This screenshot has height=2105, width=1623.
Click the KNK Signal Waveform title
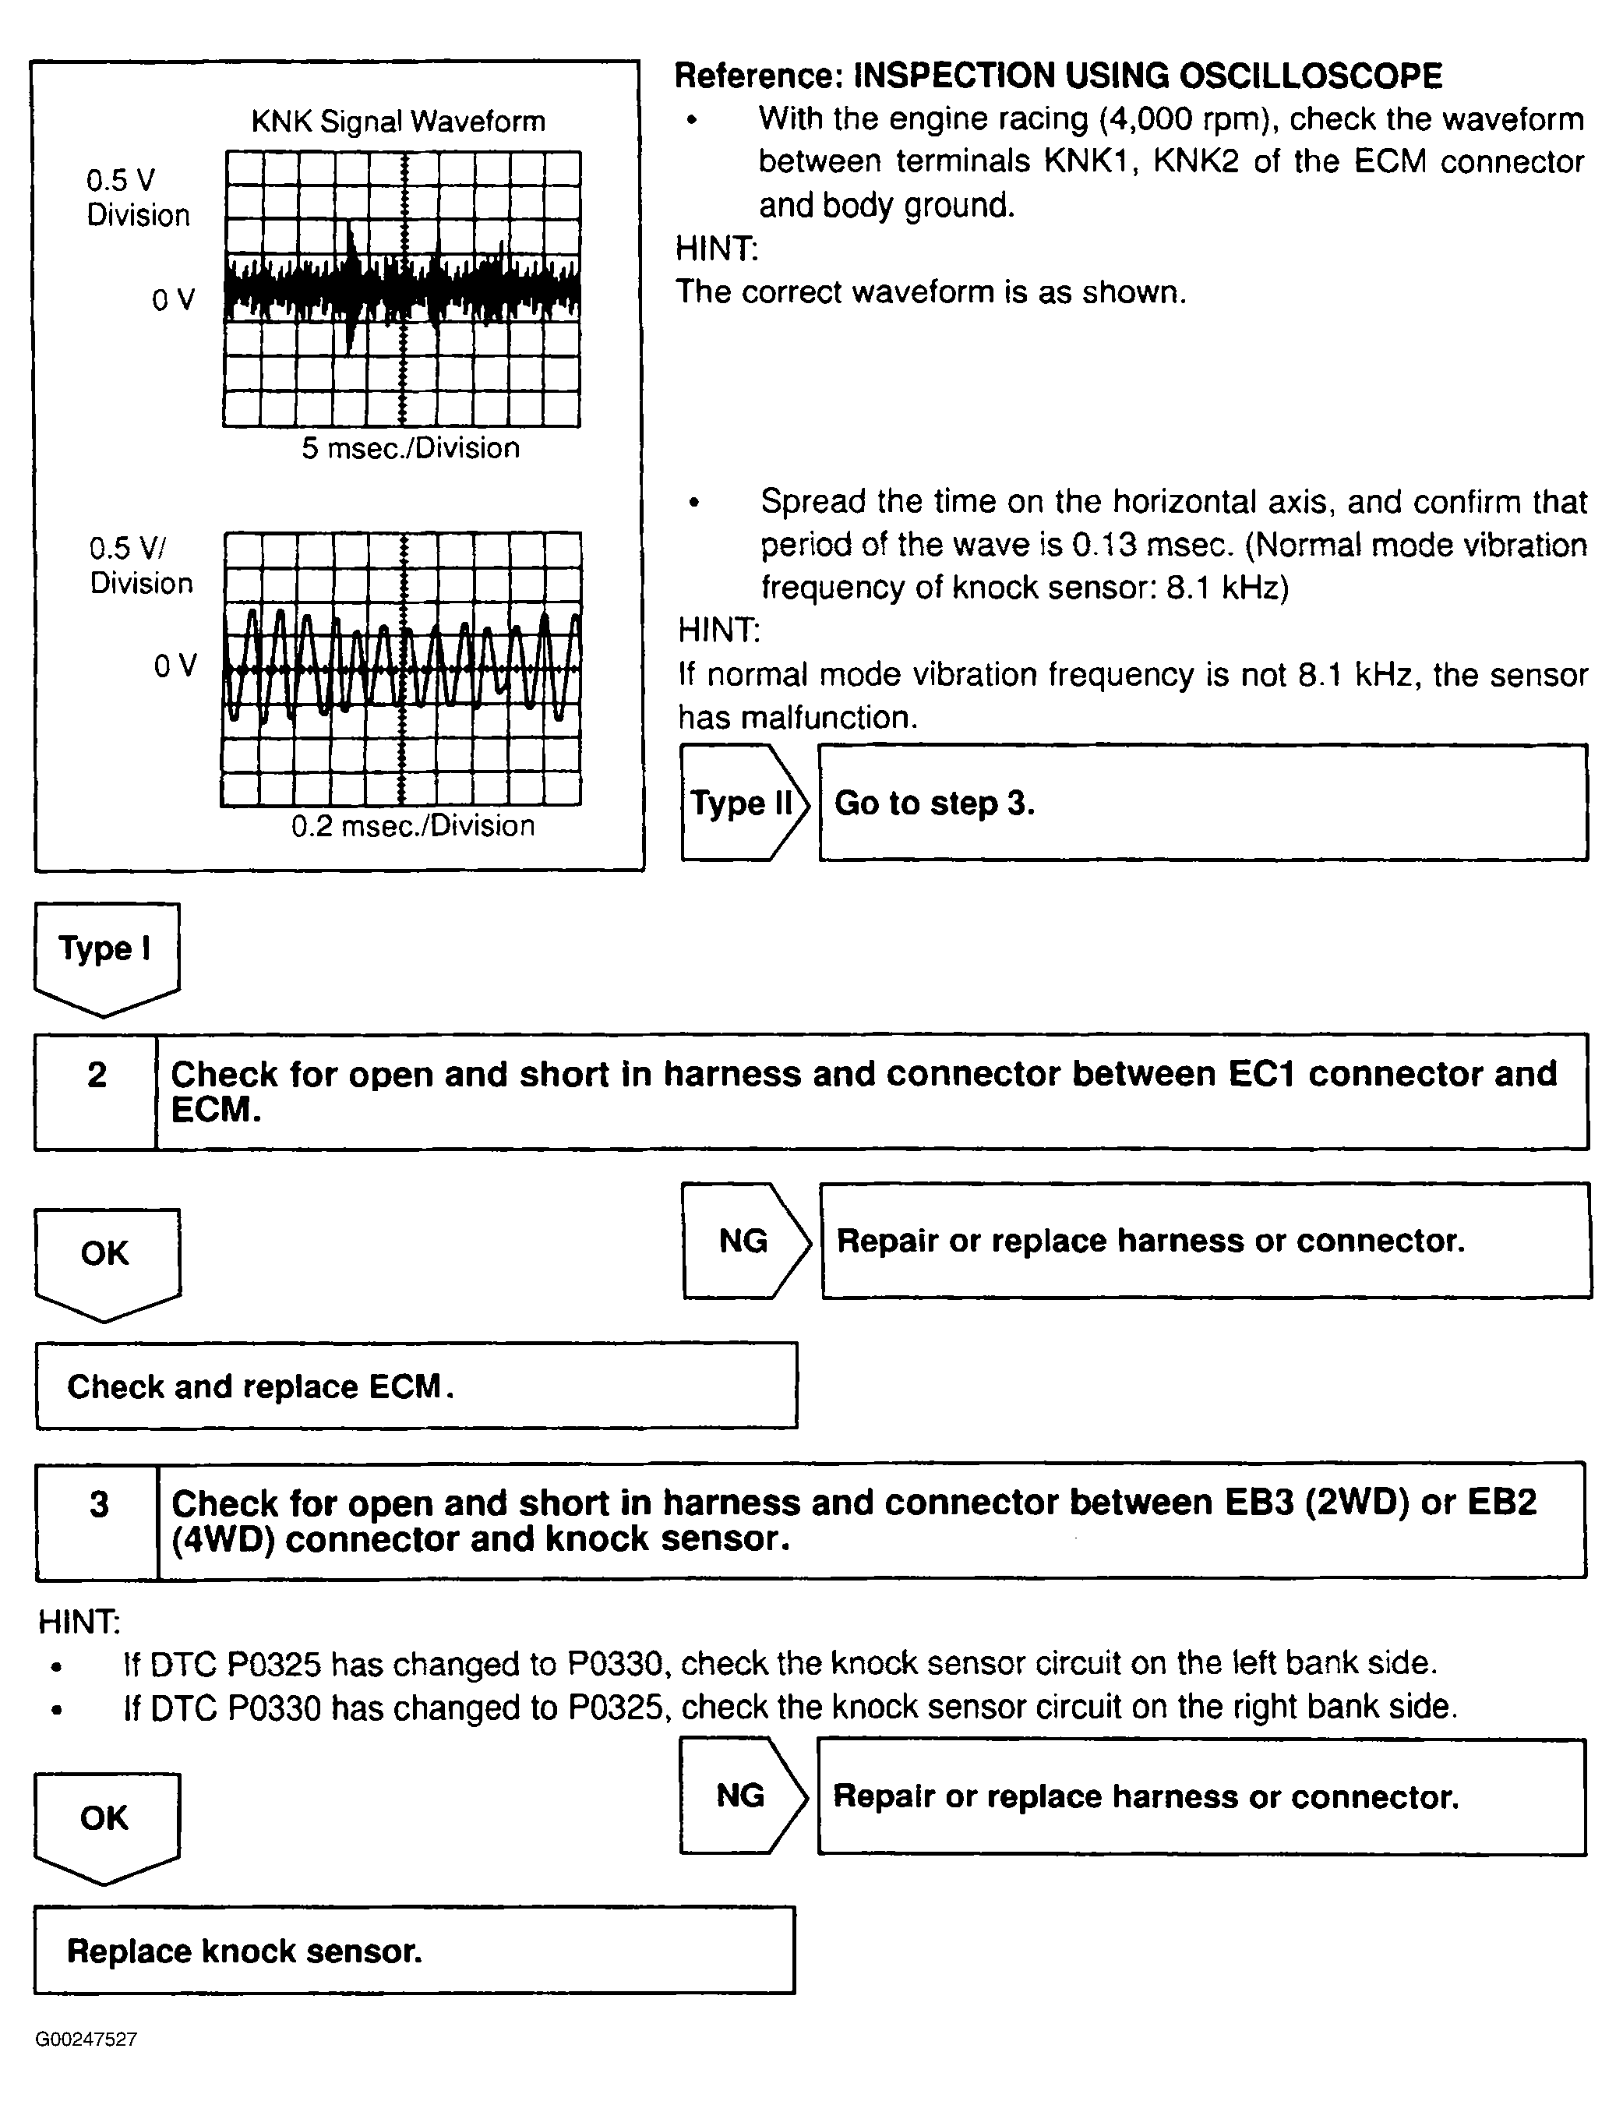[398, 122]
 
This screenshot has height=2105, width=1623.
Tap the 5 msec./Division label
[411, 448]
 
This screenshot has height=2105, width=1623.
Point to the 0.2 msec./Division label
[412, 826]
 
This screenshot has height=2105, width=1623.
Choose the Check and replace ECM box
[416, 1386]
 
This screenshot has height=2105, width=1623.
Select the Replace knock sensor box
[415, 1951]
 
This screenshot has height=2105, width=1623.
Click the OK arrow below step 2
[106, 1257]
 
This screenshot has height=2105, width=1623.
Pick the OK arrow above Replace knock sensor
[106, 1821]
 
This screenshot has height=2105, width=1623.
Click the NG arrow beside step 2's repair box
[745, 1241]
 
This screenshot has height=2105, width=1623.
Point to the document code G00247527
[86, 2040]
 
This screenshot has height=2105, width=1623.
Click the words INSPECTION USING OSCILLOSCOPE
[1148, 76]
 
